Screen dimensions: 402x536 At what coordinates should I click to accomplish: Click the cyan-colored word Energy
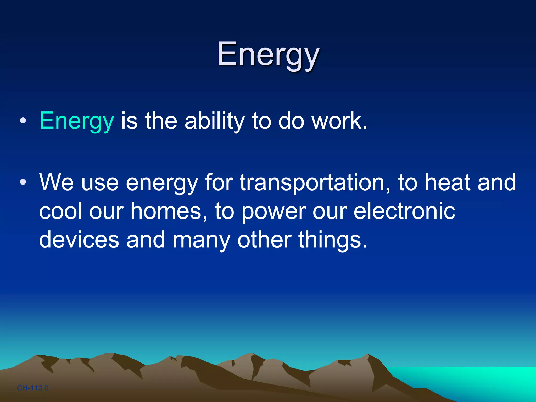[x=76, y=121]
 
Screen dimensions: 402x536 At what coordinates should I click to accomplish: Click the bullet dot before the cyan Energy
[x=23, y=121]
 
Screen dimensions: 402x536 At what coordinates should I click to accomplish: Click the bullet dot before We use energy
[x=23, y=182]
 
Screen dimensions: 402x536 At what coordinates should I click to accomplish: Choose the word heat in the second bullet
[x=447, y=182]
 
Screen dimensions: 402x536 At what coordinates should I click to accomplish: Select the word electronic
[x=404, y=211]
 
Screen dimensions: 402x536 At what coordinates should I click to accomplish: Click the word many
[x=201, y=240]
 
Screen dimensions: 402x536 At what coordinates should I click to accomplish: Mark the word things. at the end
[x=333, y=240]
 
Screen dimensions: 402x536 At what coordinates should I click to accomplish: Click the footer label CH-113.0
[x=33, y=388]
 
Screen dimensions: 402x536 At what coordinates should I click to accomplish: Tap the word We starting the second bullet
[x=56, y=182]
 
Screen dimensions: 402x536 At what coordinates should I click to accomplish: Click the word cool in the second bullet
[x=60, y=211]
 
